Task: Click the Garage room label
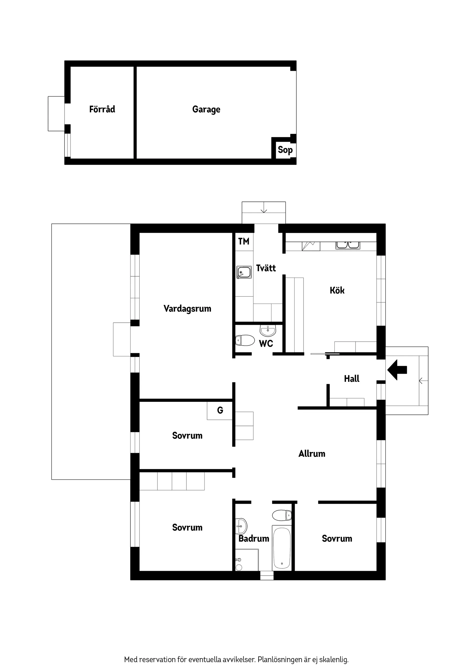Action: [206, 109]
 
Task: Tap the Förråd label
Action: [102, 109]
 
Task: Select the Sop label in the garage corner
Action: [285, 150]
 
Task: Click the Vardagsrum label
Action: [187, 309]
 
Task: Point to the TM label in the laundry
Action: [244, 241]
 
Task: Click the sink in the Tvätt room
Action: [244, 272]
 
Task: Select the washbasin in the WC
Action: [267, 331]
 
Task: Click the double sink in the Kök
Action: [348, 245]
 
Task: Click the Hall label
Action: [351, 379]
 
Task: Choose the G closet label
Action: [220, 410]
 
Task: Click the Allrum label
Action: [312, 454]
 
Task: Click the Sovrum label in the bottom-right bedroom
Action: [337, 539]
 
